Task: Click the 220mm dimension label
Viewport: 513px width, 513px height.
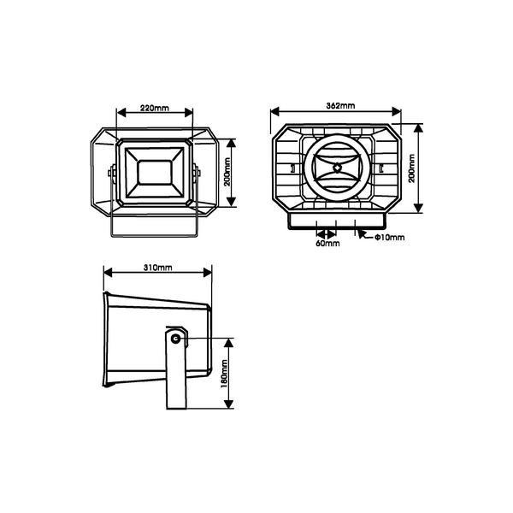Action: click(154, 109)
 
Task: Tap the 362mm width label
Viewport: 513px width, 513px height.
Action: click(340, 105)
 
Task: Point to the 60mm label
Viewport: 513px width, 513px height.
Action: click(327, 244)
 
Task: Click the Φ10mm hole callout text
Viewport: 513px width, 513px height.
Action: click(388, 238)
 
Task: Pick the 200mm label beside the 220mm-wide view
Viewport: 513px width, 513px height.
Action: click(227, 170)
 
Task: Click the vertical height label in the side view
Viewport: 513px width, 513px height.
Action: click(224, 374)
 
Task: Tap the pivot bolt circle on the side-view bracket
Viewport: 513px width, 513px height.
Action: click(176, 339)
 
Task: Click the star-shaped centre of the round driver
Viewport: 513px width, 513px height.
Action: click(337, 168)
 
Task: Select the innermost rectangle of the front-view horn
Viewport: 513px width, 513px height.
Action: click(154, 170)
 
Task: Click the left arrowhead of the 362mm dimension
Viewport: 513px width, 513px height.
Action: click(274, 112)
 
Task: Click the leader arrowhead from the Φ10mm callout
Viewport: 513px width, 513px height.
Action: click(361, 232)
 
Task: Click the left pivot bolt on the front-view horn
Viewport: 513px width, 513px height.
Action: click(110, 173)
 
